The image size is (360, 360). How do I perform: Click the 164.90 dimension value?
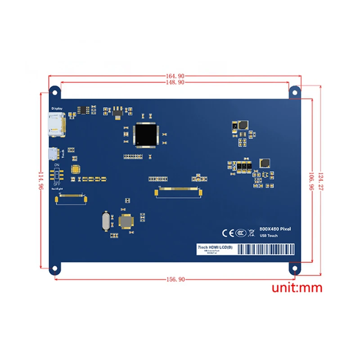click(175, 76)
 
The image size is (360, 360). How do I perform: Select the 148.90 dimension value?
click(175, 82)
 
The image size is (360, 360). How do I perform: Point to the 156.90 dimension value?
click(175, 279)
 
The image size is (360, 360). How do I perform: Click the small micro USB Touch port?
click(54, 154)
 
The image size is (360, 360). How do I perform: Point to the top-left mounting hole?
click(55, 92)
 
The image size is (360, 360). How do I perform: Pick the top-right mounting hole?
click(295, 91)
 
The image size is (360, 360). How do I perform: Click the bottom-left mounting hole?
click(55, 269)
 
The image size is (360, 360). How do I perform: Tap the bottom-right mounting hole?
click(295, 269)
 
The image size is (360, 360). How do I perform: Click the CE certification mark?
click(227, 233)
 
